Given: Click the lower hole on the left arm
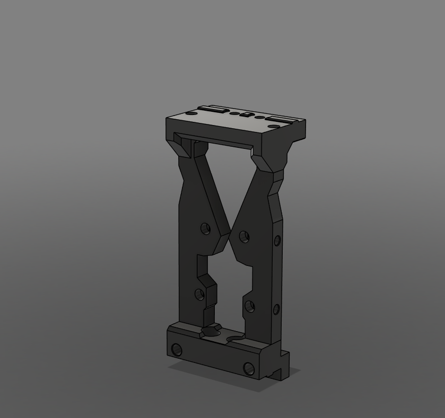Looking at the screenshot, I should point(200,294).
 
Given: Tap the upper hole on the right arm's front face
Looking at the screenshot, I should point(244,236).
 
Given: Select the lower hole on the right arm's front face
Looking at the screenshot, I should point(249,306).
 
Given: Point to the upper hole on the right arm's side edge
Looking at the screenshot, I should point(277,241).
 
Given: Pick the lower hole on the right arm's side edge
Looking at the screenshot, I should point(276,309).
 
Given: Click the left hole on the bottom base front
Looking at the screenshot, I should point(177,350).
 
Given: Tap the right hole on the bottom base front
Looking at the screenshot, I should point(248,369).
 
